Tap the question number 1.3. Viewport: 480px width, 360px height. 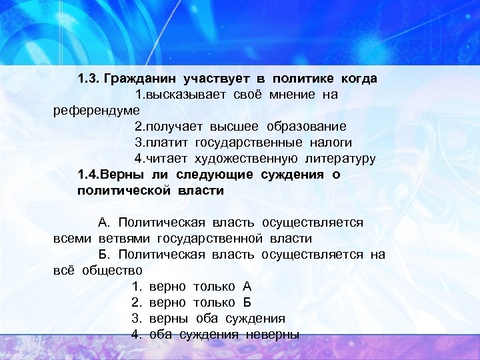pyautogui.click(x=88, y=79)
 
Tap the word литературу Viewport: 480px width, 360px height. pyautogui.click(x=341, y=159)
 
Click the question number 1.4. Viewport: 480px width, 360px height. pyautogui.click(x=87, y=175)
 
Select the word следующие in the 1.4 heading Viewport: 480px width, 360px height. pyautogui.click(x=215, y=175)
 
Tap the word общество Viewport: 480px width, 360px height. pyautogui.click(x=113, y=271)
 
